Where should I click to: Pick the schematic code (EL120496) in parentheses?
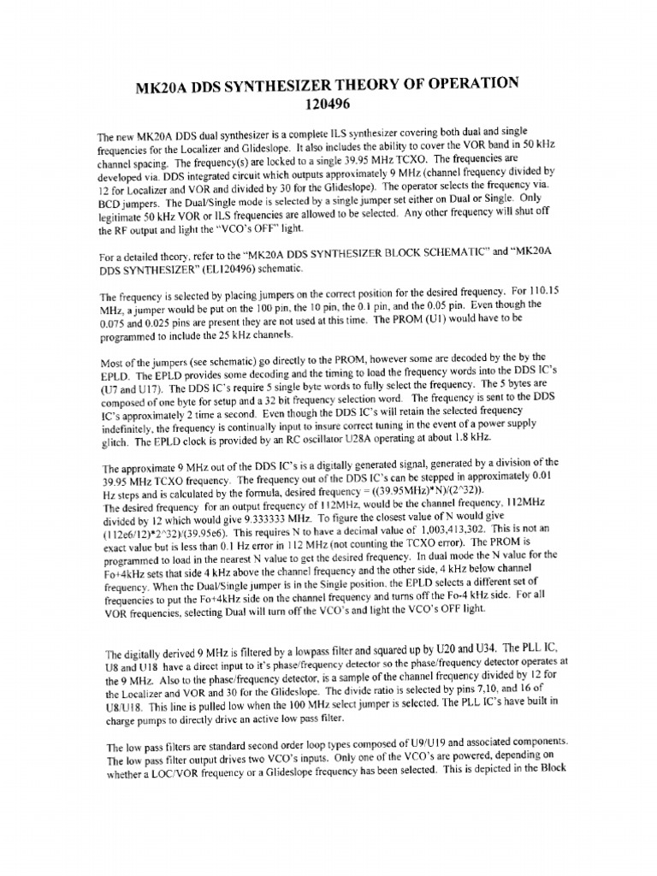[x=251, y=269]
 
